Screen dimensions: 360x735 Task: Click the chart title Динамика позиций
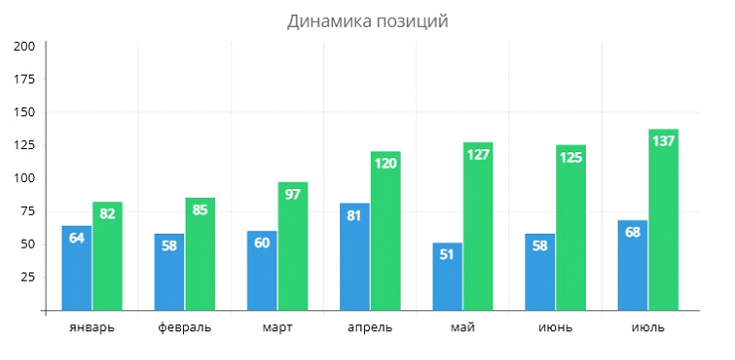coord(367,21)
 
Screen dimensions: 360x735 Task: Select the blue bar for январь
coord(77,269)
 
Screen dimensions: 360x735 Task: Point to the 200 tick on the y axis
coord(25,46)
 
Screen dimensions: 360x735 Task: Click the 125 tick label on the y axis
coord(25,145)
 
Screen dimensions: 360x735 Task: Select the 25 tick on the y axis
coord(28,277)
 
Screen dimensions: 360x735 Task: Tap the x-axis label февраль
coord(185,327)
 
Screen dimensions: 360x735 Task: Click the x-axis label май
coord(462,327)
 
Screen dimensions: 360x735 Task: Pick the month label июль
coord(647,327)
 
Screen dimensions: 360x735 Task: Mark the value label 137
coord(663,140)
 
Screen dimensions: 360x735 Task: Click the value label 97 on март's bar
coord(293,193)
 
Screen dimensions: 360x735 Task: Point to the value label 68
coord(633,232)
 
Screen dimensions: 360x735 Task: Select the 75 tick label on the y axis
coord(28,212)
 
